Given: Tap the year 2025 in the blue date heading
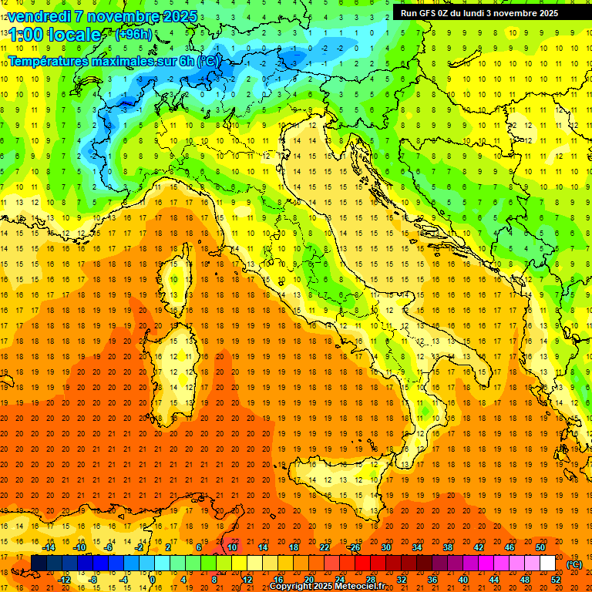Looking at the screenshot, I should pos(179,16).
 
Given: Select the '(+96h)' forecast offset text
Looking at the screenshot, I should pos(133,35).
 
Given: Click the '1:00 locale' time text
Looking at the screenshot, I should pos(54,35).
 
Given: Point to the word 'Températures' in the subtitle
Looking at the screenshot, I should pos(49,60).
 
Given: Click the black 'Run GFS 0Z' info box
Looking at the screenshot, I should pos(485,13).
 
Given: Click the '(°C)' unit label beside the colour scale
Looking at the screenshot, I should pos(574,564).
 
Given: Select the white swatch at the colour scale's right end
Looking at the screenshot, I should pos(547,563).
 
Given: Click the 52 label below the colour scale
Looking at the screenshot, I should pos(556,580).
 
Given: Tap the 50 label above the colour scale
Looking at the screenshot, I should pos(540,547).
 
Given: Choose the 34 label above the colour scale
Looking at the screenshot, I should pos(416,547).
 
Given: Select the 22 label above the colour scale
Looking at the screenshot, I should pos(324,547).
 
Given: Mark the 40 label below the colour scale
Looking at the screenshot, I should pos(462,580).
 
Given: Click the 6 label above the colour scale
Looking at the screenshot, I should pos(199,547).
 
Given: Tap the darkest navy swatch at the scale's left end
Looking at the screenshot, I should pos(39,563).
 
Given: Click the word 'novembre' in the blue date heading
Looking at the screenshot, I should pos(122,16).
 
